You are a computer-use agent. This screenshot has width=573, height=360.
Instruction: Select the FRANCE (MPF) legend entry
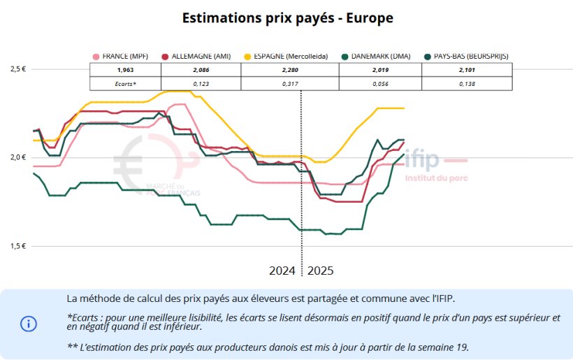pyautogui.click(x=124, y=56)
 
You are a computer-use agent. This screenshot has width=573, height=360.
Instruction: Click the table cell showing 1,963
pyautogui.click(x=125, y=70)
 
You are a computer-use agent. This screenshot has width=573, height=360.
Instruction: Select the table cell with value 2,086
pyautogui.click(x=201, y=70)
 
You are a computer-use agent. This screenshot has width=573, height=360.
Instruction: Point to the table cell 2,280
pyautogui.click(x=289, y=70)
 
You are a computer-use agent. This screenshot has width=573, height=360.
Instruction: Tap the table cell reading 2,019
pyautogui.click(x=380, y=70)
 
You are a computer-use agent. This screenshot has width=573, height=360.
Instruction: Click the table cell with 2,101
pyautogui.click(x=467, y=70)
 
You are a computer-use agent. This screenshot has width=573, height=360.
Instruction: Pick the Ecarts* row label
pyautogui.click(x=126, y=84)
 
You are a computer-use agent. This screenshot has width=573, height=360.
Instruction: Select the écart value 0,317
pyautogui.click(x=289, y=84)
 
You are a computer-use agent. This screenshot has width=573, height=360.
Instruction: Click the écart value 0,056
pyautogui.click(x=380, y=84)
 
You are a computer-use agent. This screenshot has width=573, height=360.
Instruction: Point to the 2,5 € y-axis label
pyautogui.click(x=17, y=69)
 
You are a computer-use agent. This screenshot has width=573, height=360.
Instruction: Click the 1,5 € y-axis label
pyautogui.click(x=17, y=246)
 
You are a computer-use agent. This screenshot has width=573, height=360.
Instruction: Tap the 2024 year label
pyautogui.click(x=283, y=270)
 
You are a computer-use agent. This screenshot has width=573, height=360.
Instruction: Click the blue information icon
pyautogui.click(x=29, y=324)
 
